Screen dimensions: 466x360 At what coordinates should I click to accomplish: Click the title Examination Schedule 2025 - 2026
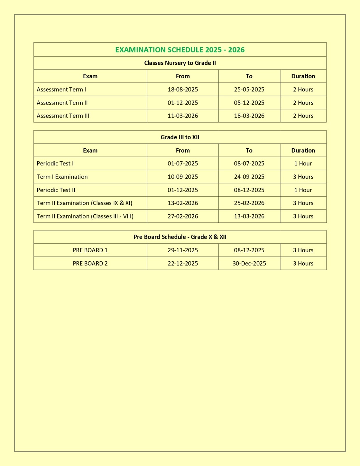coord(180,50)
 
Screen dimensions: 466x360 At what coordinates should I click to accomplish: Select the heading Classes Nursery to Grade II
coord(180,63)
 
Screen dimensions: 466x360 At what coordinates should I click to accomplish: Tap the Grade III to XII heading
coord(180,137)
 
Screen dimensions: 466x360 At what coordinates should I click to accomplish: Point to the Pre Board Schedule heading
coord(180,237)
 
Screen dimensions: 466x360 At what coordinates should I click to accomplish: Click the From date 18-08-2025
coord(183,89)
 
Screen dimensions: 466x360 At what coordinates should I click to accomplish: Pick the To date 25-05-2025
coord(249,89)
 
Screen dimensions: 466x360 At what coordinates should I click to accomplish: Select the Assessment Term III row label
coord(63,116)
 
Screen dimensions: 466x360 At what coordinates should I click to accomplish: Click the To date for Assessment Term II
coord(249,103)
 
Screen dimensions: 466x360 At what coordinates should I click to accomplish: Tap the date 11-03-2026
coord(183,116)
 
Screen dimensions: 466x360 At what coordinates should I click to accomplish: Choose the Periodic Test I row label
coord(55,164)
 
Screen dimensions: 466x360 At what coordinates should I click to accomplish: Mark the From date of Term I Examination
coord(183,177)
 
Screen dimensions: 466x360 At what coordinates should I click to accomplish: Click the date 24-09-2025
coord(249,177)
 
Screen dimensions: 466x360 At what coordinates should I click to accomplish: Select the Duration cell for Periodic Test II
coord(303,190)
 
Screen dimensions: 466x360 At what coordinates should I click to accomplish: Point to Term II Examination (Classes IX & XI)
coord(84,203)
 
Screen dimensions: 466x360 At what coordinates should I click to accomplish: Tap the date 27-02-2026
coord(183,216)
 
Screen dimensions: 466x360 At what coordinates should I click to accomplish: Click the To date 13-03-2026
coord(249,216)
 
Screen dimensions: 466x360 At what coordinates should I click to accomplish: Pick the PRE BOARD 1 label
coord(90,250)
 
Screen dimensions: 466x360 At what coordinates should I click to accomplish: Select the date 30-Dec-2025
coord(249,264)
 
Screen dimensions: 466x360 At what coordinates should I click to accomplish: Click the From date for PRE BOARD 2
coord(183,264)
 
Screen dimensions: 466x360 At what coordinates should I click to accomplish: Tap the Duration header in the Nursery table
coord(303,76)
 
